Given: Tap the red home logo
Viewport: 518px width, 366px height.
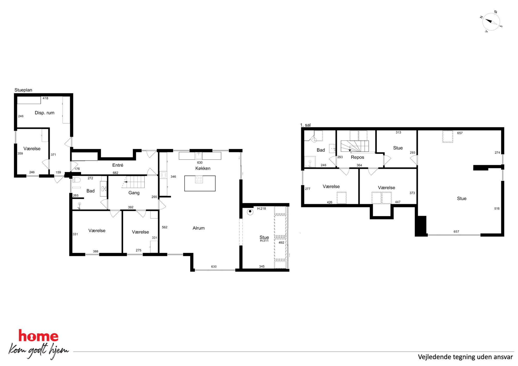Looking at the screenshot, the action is tap(38, 336).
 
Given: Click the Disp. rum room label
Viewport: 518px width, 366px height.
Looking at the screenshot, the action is tap(45, 113).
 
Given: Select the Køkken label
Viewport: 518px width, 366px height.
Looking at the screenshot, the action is tap(203, 168).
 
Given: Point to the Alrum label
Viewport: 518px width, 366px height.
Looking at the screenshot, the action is tap(199, 228).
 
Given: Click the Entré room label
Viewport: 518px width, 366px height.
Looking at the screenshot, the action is tap(118, 165).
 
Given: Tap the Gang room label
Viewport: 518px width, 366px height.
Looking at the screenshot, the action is tap(134, 193).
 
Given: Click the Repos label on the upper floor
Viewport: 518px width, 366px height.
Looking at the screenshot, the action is tap(357, 157).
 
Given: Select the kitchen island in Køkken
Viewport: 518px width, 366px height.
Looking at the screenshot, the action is tap(200, 183).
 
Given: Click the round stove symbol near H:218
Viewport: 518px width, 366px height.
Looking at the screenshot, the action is tap(250, 212).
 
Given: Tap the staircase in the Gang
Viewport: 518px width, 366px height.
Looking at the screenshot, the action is tap(133, 182).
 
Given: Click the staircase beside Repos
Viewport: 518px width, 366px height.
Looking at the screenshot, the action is tap(355, 146).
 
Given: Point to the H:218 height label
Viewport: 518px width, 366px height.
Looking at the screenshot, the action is tap(262, 208).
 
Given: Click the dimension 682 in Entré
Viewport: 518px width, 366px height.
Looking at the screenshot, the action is tap(115, 173).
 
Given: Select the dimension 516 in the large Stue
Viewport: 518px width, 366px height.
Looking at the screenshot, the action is tap(497, 208).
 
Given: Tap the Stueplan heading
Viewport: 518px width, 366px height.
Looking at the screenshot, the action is tap(23, 90).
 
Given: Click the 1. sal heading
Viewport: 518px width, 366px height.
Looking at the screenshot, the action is tap(305, 125).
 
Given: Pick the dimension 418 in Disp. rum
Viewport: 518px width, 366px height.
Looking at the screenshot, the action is tap(45, 98).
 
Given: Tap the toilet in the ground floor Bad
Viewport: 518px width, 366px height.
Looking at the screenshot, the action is tap(76, 180).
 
